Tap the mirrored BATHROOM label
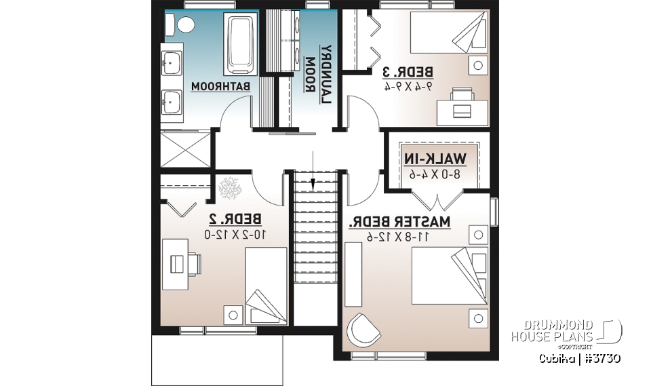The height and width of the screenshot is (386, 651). coord(221,88)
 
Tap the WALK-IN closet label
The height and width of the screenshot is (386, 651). coord(436,159)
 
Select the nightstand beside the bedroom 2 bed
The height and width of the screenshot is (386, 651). coord(233,314)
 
